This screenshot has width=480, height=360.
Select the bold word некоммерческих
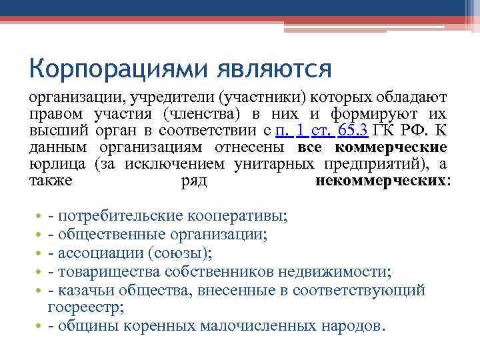coord(381,181)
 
